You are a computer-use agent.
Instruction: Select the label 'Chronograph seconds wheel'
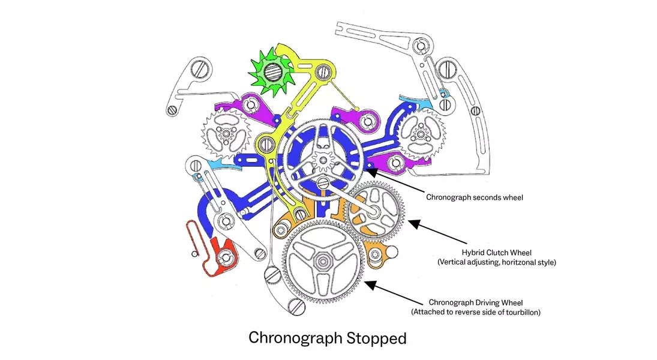pyautogui.click(x=475, y=197)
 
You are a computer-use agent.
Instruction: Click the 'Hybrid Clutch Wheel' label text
pyautogui.click(x=497, y=253)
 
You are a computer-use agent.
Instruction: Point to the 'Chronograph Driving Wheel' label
pyautogui.click(x=476, y=302)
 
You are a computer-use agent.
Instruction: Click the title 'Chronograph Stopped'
pyautogui.click(x=327, y=338)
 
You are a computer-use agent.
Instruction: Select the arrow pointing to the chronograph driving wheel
pyautogui.click(x=394, y=293)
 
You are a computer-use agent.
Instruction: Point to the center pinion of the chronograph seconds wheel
pyautogui.click(x=323, y=160)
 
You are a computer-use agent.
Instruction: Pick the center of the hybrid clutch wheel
pyautogui.click(x=374, y=211)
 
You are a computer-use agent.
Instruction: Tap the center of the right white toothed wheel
pyautogui.click(x=421, y=134)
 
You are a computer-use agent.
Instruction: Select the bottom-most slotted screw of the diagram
pyautogui.click(x=296, y=307)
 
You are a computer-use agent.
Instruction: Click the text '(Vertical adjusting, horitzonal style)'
pyautogui.click(x=497, y=262)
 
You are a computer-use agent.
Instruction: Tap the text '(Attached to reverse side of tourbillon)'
pyautogui.click(x=476, y=312)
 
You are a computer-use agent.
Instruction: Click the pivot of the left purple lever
pyautogui.click(x=251, y=105)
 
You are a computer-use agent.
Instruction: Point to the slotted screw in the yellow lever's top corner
pyautogui.click(x=323, y=72)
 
